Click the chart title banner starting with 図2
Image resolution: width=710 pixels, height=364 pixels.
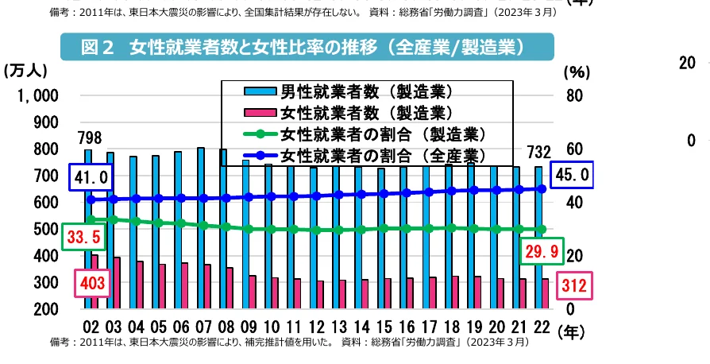click(307, 48)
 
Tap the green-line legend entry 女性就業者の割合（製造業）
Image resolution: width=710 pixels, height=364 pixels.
click(382, 133)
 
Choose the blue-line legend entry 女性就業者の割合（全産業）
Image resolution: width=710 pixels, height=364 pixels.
click(382, 153)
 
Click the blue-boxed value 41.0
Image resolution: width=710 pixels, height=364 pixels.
click(91, 176)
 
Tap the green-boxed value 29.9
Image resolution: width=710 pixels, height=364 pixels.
click(542, 253)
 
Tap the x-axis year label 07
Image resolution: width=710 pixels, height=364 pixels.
click(203, 329)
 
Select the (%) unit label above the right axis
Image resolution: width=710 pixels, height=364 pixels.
click(574, 72)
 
